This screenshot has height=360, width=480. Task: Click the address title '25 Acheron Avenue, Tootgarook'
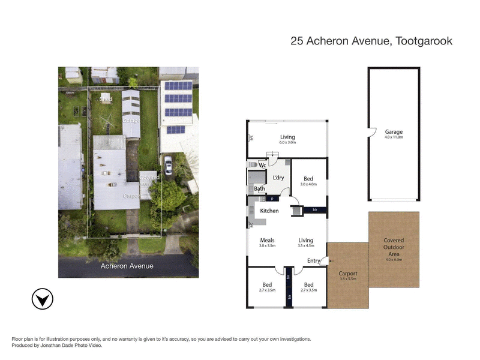click(371, 41)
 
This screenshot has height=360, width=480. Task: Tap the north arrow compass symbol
click(41, 299)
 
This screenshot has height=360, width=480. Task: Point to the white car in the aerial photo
click(168, 166)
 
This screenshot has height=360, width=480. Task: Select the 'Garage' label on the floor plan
click(394, 132)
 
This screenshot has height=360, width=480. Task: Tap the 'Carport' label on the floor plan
click(348, 274)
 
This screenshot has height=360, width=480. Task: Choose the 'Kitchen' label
click(269, 211)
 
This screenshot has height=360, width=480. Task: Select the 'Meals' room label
click(267, 240)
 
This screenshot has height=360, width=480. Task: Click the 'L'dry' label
click(278, 178)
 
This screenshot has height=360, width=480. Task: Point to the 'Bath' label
click(259, 189)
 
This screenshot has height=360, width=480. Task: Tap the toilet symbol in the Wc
click(253, 164)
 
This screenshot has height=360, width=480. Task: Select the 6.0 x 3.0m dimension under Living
click(288, 144)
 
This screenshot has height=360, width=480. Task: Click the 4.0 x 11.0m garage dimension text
click(394, 137)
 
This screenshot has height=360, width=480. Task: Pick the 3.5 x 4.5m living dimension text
click(306, 245)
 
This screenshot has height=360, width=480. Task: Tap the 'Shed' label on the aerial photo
click(106, 98)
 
